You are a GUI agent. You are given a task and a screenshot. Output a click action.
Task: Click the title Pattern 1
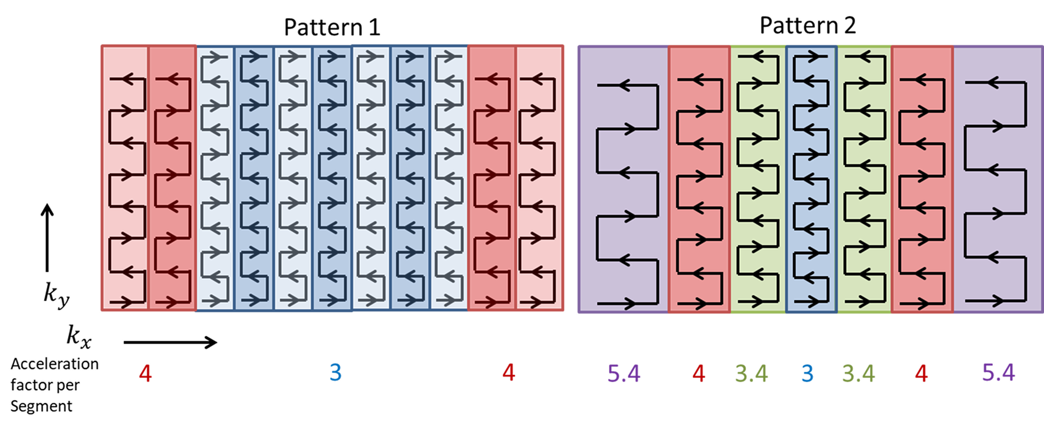[332, 27]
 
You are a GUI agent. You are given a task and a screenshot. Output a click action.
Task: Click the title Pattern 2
[807, 25]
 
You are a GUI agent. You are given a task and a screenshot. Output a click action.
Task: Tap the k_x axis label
[79, 337]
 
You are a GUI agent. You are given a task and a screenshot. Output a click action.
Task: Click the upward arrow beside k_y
[47, 238]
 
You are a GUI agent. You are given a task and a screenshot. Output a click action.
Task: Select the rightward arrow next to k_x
[170, 342]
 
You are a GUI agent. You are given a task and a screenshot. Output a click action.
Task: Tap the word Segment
[42, 406]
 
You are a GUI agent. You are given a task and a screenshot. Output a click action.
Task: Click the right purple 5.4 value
[998, 373]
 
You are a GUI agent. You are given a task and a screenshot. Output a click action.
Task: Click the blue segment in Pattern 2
[812, 179]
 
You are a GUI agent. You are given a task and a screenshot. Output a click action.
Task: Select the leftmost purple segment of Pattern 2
[623, 179]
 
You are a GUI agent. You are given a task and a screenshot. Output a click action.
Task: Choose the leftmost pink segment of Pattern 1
[125, 179]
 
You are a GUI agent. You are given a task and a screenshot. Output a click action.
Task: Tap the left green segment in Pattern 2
[758, 179]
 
